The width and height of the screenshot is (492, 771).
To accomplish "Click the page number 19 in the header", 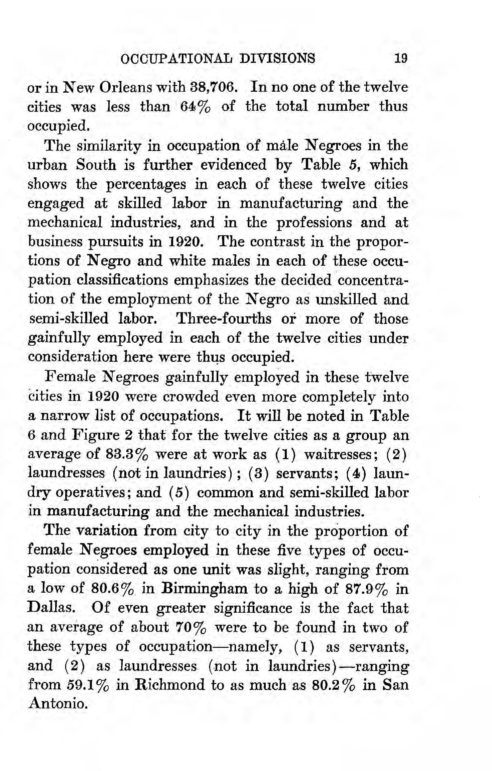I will click(400, 59).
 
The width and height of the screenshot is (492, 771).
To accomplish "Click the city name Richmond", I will click(168, 685).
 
